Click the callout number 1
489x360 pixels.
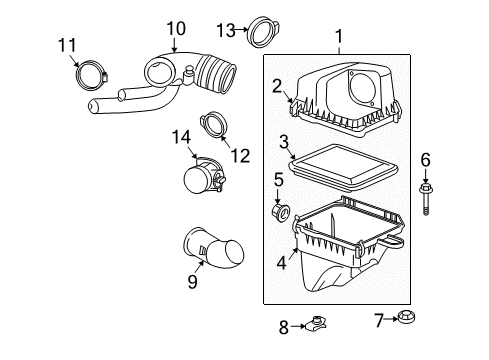338,39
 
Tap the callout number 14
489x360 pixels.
181,135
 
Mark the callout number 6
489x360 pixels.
425,159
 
